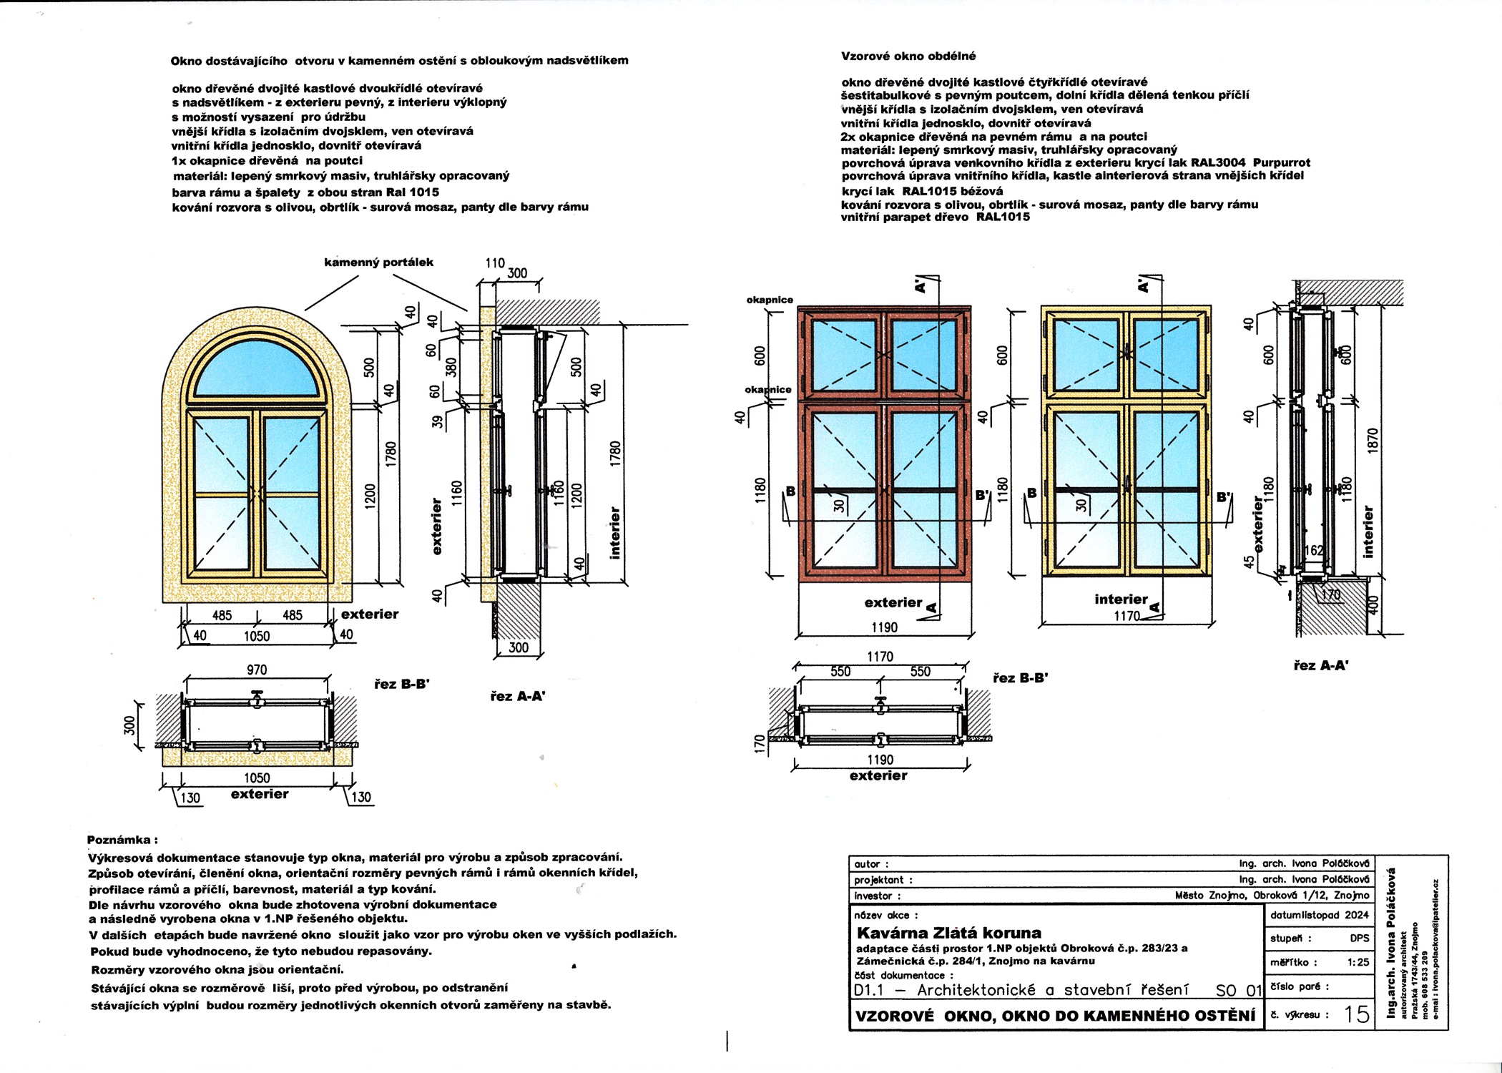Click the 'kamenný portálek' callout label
[x=378, y=263]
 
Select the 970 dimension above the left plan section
[x=257, y=670]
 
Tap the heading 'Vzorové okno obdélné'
[x=908, y=56]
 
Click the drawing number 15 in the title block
[x=1356, y=1014]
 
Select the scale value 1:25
[x=1358, y=962]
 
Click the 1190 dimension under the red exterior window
[x=884, y=627]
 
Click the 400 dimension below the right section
[x=1372, y=605]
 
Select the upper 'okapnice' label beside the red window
[x=770, y=300]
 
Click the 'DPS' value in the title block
[x=1359, y=938]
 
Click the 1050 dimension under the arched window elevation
[x=257, y=636]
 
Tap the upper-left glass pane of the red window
[x=843, y=351]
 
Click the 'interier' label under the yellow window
[x=1121, y=599]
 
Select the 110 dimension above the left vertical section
[x=494, y=264]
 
